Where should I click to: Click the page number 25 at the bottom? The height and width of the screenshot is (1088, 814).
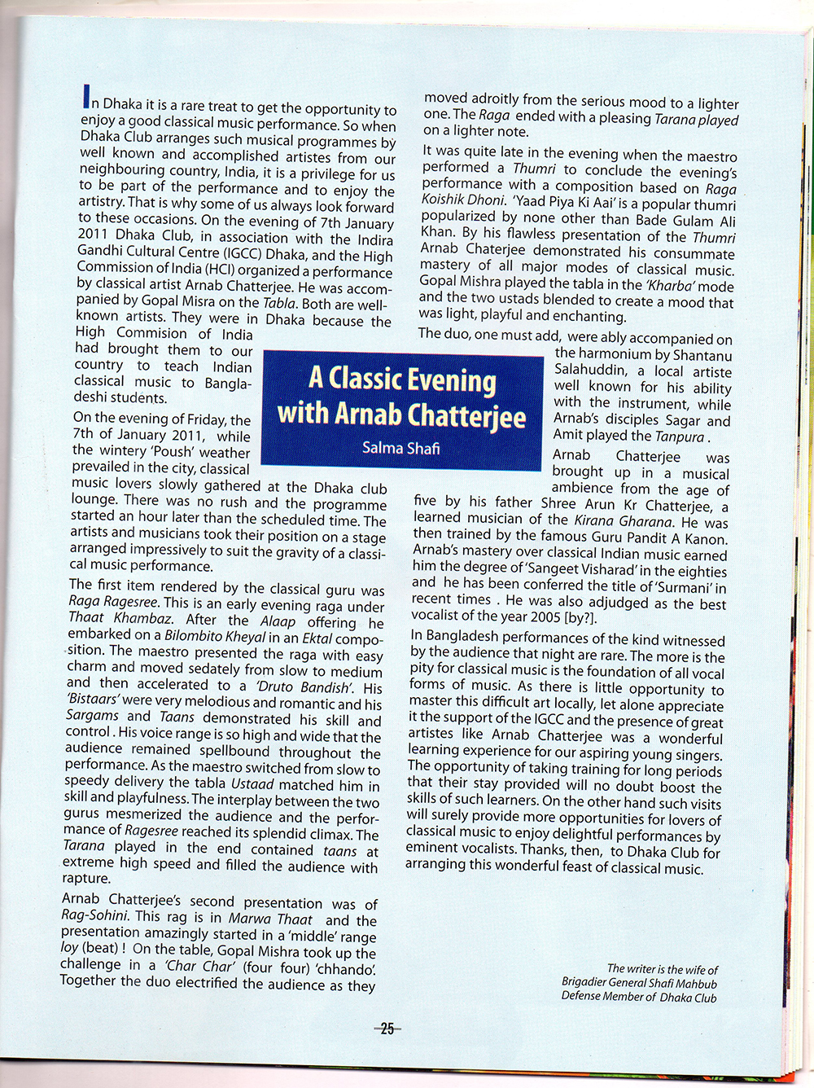pyautogui.click(x=387, y=1029)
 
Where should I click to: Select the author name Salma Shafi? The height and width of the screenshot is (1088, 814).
pyautogui.click(x=401, y=447)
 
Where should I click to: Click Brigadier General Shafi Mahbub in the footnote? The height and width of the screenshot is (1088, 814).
pyautogui.click(x=640, y=982)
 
